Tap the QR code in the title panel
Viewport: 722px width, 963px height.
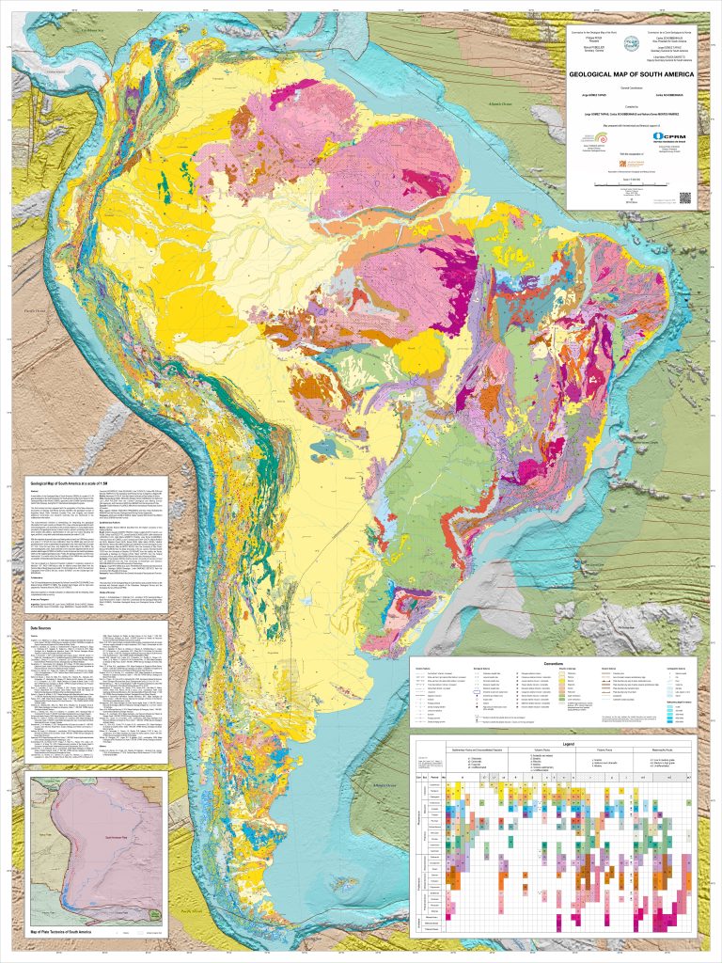(683, 197)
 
